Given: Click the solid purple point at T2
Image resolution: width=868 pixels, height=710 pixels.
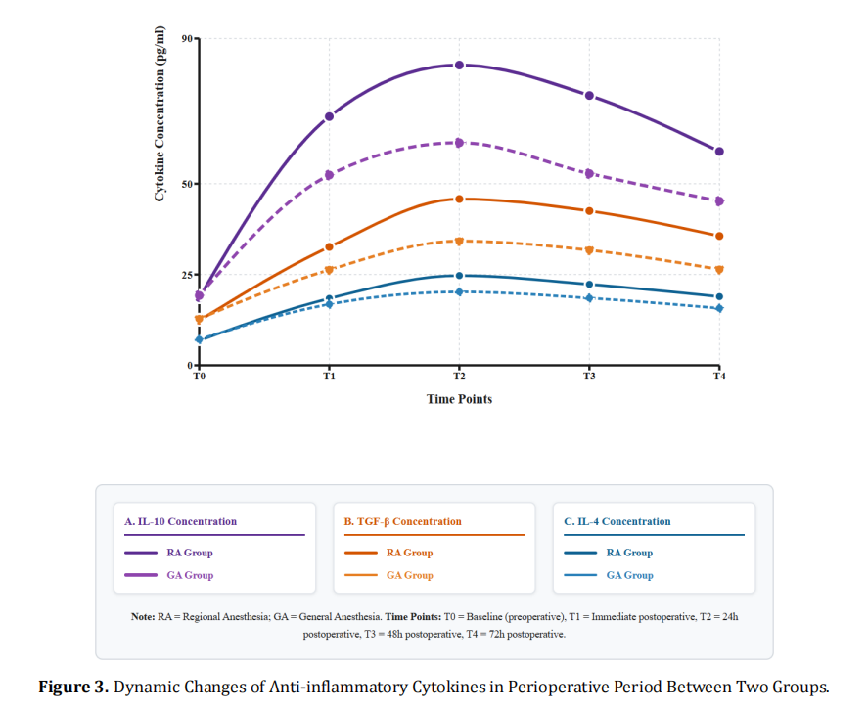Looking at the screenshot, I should pos(459,65).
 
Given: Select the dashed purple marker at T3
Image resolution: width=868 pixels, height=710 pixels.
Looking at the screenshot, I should pos(589,173).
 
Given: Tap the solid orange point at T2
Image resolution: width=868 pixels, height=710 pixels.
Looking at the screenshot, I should pos(459,199).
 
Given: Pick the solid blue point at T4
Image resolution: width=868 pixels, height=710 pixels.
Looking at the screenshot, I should pos(719,296).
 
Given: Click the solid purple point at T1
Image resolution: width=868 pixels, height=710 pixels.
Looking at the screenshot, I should pos(329,116).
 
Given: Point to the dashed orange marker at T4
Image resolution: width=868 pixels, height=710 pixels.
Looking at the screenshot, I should pos(719,269).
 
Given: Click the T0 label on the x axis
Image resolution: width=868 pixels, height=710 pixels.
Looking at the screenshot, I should pos(199,376).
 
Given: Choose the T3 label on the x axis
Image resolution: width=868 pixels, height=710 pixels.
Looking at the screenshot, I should pos(589,376).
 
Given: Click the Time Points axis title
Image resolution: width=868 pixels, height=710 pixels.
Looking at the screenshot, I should pos(459,399).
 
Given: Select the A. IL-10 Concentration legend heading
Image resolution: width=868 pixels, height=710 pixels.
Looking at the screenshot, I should pos(180,521).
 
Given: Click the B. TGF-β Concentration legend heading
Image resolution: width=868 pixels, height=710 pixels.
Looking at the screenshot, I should pos(402,521).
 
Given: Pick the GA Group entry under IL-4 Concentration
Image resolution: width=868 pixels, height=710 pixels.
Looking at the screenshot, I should pos(629,575).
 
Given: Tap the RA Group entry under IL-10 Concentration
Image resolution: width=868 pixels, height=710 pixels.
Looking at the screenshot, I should pos(190,553).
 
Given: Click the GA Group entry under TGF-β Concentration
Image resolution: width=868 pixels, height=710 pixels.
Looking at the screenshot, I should pos(409,575).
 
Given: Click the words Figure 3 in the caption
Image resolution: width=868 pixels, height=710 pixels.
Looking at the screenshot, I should pos(73,687).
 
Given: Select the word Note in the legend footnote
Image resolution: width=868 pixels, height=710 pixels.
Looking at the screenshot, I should pos(141,617).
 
